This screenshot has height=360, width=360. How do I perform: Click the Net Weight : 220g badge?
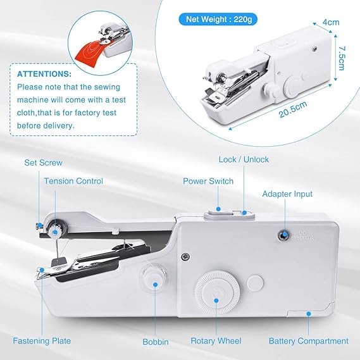click(x=218, y=20)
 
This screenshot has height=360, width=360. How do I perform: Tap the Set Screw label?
click(x=44, y=163)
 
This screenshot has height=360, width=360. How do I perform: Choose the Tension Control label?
click(x=73, y=181)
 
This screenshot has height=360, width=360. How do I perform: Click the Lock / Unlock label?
click(x=244, y=159)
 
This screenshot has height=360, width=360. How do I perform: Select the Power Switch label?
click(x=208, y=181)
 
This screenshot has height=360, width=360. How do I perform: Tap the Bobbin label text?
click(x=156, y=342)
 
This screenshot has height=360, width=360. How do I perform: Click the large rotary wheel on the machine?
click(x=217, y=287)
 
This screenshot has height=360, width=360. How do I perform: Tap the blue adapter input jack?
click(x=283, y=235)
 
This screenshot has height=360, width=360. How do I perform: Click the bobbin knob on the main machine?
click(x=153, y=276)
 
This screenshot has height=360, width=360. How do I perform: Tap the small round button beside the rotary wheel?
click(x=256, y=282)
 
